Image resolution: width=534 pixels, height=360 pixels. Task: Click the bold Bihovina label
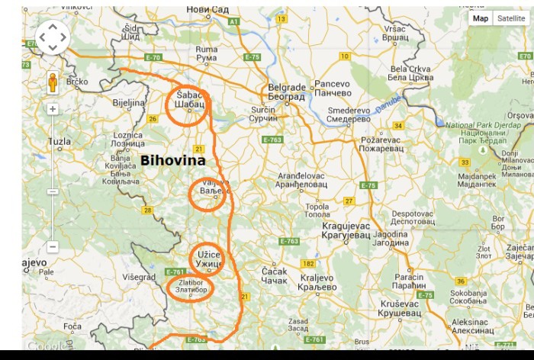(x=172, y=161)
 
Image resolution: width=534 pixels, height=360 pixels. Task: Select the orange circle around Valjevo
(x=207, y=194)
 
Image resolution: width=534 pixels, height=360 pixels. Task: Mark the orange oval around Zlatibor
(x=190, y=288)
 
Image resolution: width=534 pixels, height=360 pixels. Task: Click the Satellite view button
(x=510, y=18)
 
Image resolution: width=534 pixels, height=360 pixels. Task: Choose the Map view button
(x=481, y=18)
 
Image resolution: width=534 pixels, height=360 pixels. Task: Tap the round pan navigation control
(x=53, y=37)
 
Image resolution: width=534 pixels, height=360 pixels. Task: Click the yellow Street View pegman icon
(x=53, y=82)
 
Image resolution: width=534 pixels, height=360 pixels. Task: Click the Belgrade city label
(x=286, y=92)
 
